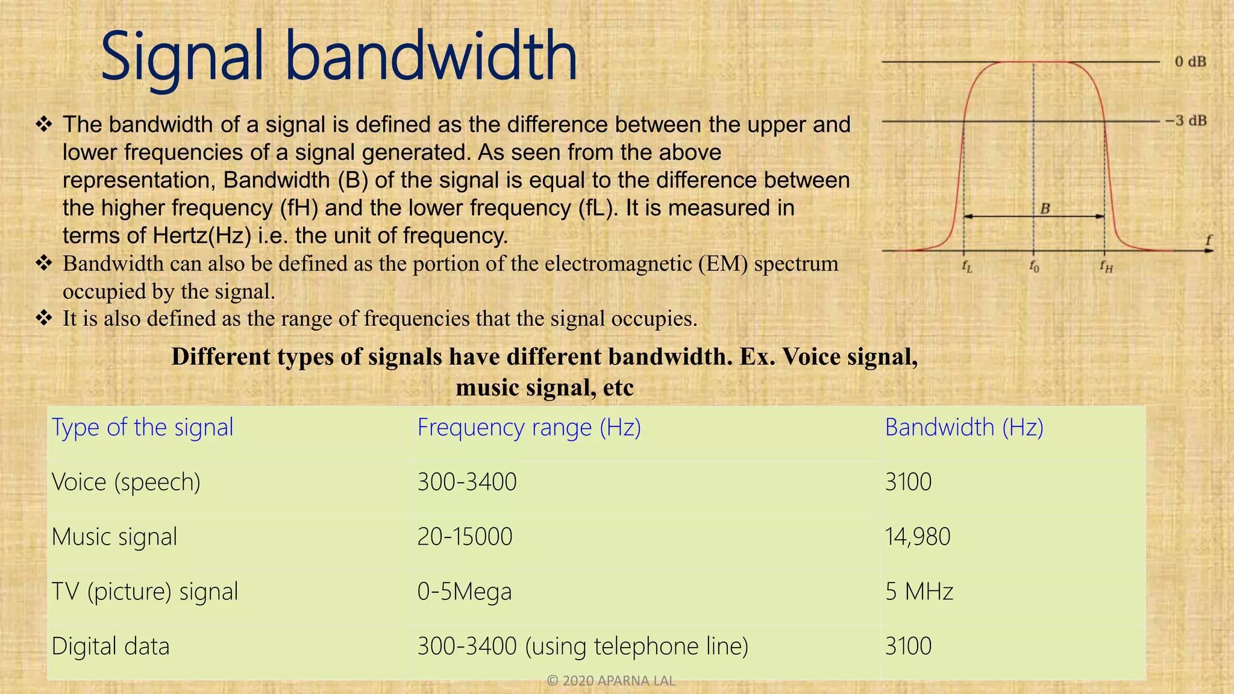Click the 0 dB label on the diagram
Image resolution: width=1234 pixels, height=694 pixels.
[x=1190, y=61]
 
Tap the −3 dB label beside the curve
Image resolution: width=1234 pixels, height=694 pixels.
[x=1185, y=120]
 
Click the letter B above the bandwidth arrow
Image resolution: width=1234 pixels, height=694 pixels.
[x=1045, y=208]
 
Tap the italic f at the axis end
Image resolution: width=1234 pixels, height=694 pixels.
[x=1208, y=240]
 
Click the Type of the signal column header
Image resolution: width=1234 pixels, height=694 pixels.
[x=142, y=428]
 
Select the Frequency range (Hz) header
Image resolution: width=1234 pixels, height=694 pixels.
[x=529, y=428]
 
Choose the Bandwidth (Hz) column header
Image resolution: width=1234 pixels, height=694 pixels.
[x=964, y=428]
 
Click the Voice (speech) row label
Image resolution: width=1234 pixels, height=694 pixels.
[x=126, y=483]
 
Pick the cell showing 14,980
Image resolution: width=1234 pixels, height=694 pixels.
[x=918, y=537]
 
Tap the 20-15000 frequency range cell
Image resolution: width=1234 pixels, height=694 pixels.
[x=465, y=537]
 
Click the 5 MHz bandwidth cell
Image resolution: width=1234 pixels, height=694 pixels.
[x=919, y=592]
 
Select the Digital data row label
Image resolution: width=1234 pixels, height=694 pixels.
[x=110, y=646]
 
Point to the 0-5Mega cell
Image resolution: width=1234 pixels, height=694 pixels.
[x=464, y=592]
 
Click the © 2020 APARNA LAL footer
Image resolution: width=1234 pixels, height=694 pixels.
[x=610, y=681]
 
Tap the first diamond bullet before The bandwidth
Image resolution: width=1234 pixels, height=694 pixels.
[x=44, y=125]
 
